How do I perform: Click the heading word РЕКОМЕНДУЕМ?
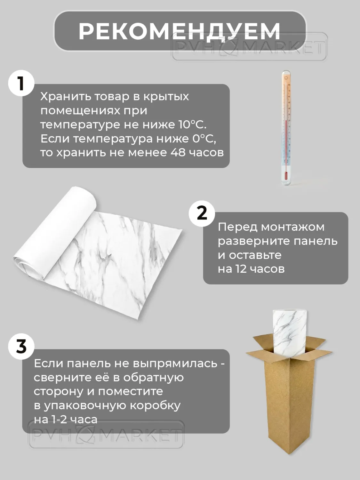coord(180,31)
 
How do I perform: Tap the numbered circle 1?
coord(21,83)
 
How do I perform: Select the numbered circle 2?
coord(202,213)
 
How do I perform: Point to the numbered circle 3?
coord(21,346)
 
